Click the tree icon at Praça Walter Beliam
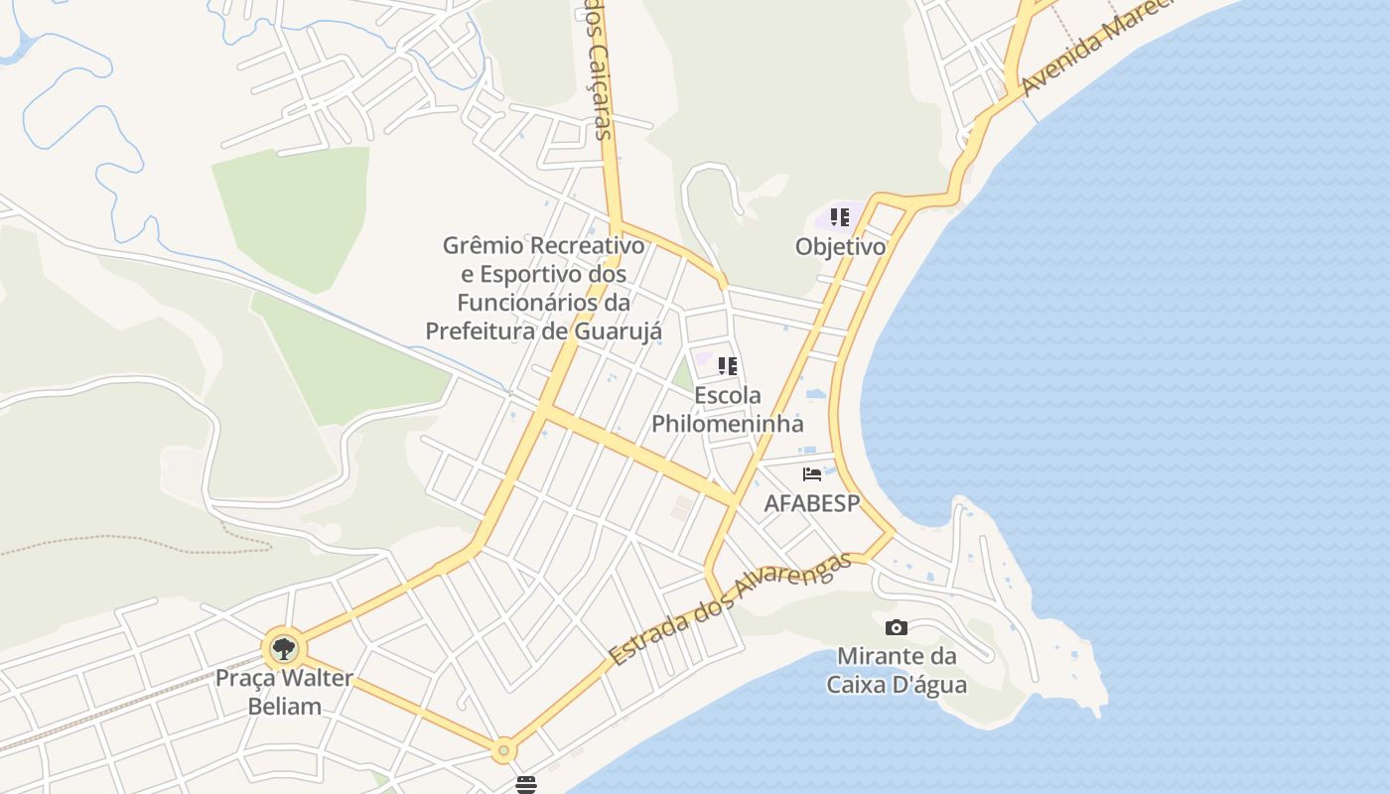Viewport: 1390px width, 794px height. click(284, 649)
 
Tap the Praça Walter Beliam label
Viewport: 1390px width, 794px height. click(284, 693)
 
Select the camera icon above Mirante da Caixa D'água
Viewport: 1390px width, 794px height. click(896, 627)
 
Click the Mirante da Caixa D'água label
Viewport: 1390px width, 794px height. click(897, 670)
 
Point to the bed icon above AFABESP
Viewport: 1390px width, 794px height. click(812, 474)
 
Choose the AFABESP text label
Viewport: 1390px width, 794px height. click(811, 503)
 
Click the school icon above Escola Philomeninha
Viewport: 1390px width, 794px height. click(728, 366)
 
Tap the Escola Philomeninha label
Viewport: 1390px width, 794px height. click(728, 409)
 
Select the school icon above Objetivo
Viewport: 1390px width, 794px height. click(840, 217)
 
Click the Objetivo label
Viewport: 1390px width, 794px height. click(840, 246)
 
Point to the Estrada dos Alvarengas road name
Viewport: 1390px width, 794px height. click(731, 608)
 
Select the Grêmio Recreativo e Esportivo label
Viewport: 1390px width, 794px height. click(543, 288)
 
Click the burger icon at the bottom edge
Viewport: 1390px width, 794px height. click(525, 784)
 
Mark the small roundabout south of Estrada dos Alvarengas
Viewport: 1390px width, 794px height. click(503, 749)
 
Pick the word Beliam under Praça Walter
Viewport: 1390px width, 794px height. click(284, 707)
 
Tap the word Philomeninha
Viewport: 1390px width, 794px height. click(728, 423)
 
